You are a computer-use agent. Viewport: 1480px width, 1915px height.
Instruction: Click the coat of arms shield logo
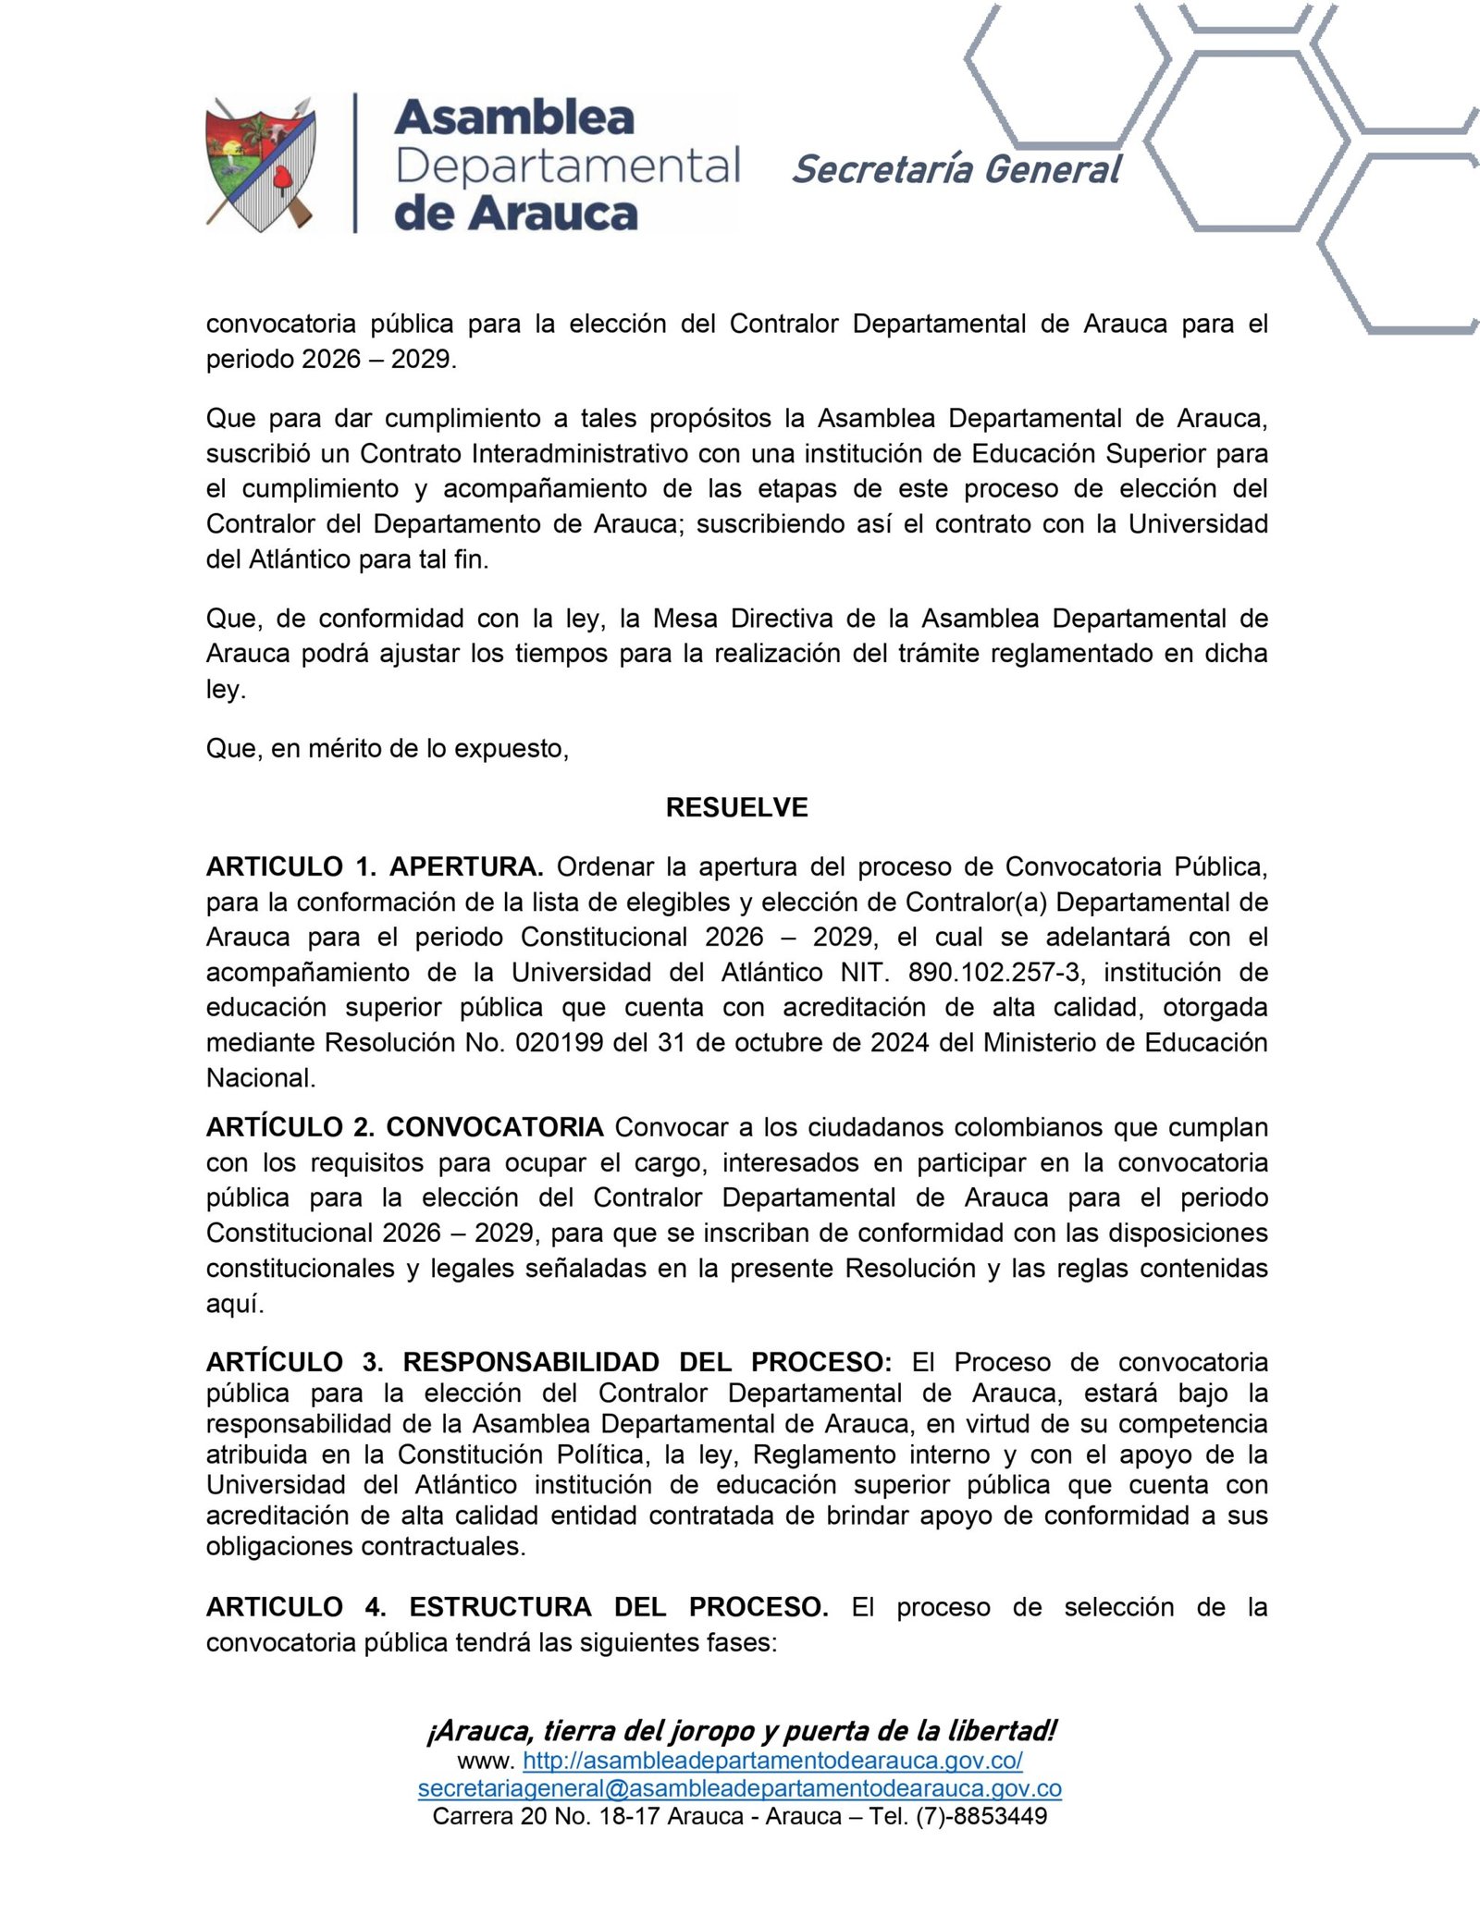click(260, 165)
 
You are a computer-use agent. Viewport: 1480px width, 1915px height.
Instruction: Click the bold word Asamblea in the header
click(514, 117)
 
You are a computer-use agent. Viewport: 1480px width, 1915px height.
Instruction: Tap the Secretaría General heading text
click(956, 169)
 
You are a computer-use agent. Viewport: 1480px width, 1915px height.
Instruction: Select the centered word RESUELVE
click(736, 807)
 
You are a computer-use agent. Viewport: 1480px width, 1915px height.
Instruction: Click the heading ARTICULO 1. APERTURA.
click(374, 866)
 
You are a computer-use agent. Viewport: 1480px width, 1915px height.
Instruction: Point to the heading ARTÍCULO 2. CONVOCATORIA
click(404, 1127)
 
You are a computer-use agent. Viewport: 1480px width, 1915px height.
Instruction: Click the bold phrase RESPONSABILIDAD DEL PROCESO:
click(647, 1362)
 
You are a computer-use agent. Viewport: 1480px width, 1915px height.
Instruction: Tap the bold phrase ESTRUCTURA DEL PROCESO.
click(618, 1607)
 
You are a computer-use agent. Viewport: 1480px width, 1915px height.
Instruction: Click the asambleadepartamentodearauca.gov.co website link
click(772, 1760)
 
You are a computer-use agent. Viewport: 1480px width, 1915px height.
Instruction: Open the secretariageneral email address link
click(739, 1788)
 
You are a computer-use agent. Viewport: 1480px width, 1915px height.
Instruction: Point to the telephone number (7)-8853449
click(981, 1816)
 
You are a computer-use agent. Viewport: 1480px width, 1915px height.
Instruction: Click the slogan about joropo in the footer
click(741, 1730)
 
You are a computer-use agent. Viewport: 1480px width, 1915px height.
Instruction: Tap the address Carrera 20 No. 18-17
click(546, 1816)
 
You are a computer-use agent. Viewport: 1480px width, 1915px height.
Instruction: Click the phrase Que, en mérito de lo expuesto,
click(387, 748)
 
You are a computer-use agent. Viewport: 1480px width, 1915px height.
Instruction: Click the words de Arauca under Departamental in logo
click(515, 214)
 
